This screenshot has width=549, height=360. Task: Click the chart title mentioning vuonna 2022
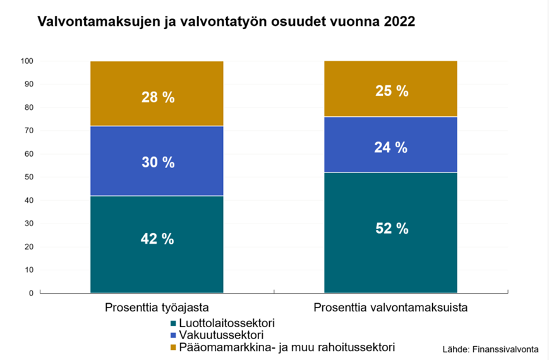(x=226, y=23)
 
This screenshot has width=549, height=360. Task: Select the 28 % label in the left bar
(x=157, y=97)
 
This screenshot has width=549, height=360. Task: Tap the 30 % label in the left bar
(x=157, y=162)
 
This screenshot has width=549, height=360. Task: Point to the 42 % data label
(x=157, y=239)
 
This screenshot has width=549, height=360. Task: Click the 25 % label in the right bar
(x=391, y=90)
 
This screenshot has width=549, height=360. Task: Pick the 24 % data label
(x=391, y=147)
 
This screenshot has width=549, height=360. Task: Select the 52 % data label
(x=391, y=229)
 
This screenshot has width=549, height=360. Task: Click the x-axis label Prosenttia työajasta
(x=157, y=309)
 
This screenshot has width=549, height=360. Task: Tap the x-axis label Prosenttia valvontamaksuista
(x=390, y=309)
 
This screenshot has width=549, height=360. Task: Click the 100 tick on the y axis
(x=27, y=61)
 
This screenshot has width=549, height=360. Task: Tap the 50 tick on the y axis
(x=28, y=177)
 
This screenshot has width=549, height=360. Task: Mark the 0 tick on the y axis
(x=30, y=293)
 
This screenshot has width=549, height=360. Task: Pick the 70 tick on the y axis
(x=28, y=131)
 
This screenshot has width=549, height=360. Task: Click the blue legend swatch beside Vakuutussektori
(x=173, y=335)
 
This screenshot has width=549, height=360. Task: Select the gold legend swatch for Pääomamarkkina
(x=173, y=347)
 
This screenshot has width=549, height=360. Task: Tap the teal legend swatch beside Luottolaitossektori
(x=173, y=323)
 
